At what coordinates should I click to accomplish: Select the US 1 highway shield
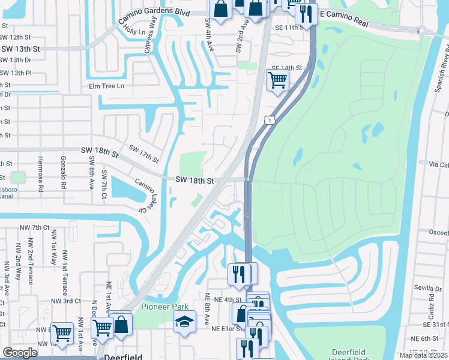pos(272,121)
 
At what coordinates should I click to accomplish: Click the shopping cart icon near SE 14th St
pos(277,79)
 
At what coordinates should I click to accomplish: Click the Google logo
pos(20,353)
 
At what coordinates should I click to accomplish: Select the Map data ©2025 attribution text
pos(423,355)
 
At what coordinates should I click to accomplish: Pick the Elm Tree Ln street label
pos(106,86)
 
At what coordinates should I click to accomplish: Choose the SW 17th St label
pos(143,154)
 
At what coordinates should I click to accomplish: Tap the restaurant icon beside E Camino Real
pos(306,15)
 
